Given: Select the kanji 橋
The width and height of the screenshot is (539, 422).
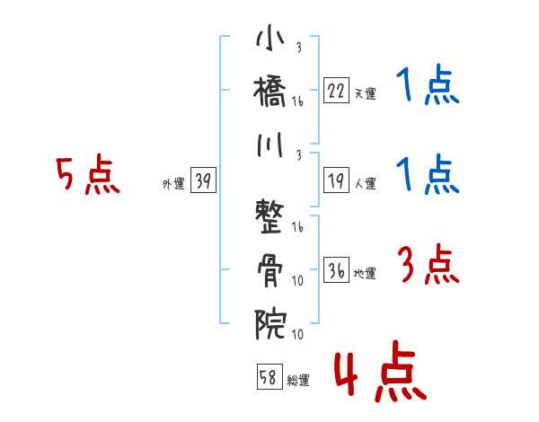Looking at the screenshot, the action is [270, 93].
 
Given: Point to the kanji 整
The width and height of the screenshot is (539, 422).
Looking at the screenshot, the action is [270, 216].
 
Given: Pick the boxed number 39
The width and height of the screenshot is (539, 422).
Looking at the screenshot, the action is [203, 181].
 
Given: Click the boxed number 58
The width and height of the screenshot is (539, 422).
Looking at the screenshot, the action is [268, 377].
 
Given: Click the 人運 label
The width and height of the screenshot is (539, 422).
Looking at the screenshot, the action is [365, 183].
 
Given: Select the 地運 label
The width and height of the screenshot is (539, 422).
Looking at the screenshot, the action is [365, 273].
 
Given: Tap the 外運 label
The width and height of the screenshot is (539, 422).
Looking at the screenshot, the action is [173, 183].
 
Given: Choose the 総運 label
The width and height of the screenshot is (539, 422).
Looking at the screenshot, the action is [297, 379].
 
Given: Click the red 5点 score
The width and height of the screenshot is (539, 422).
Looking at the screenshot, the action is [87, 176].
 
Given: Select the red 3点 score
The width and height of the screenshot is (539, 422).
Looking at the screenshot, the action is [428, 266].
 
